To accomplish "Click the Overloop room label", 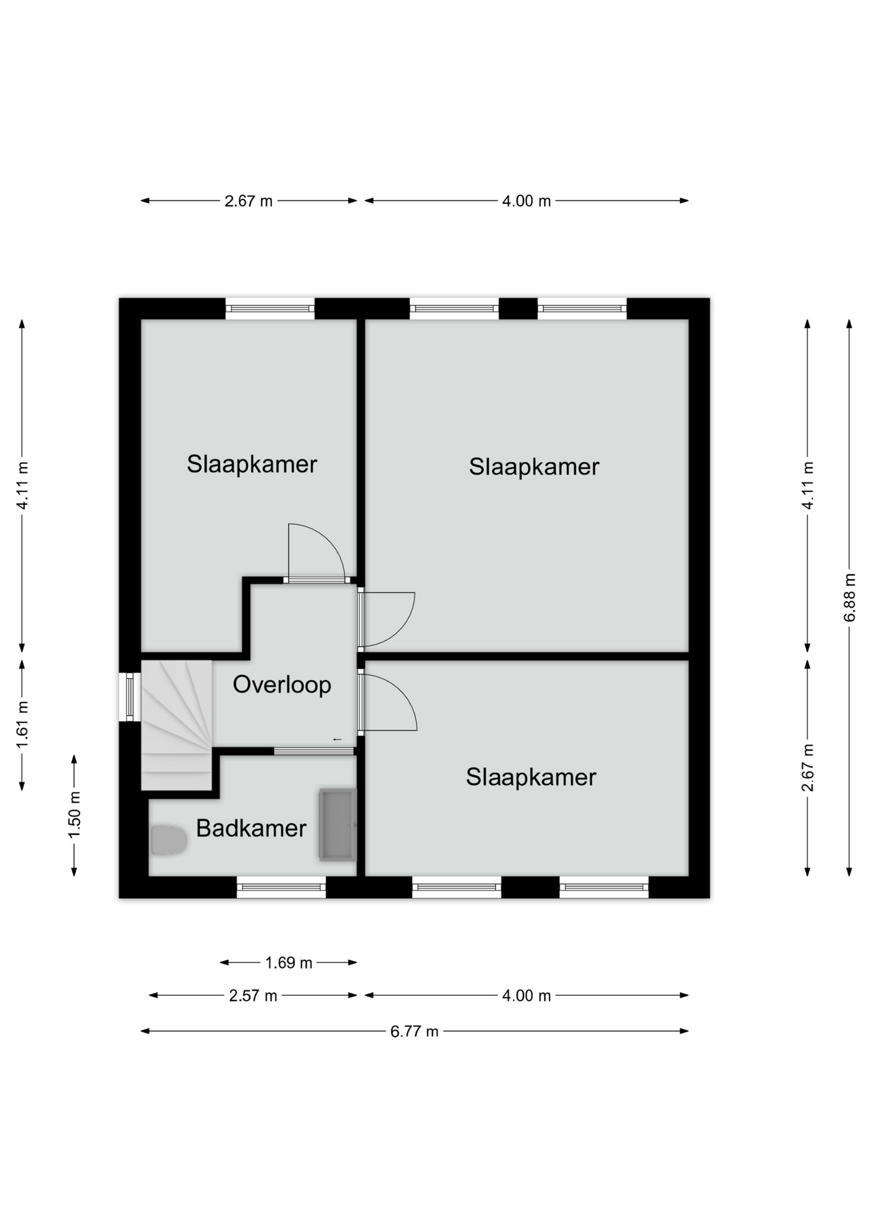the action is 282,685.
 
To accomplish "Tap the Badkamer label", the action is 251,828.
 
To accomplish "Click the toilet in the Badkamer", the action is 169,841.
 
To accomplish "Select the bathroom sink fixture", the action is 337,825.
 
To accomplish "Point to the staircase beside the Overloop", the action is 176,725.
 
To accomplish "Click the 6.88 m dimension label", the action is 849,597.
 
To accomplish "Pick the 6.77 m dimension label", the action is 414,1031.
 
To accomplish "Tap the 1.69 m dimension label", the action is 289,963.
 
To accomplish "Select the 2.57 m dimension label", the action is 253,996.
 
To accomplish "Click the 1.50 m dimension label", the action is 74,815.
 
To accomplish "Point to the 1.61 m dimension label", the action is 22,725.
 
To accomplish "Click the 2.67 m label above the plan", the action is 248,201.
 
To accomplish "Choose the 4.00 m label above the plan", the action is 527,201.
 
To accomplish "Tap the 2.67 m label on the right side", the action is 808,767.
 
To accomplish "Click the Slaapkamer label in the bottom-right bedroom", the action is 531,777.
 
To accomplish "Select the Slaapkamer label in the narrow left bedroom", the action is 252,464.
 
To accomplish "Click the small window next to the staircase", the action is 130,697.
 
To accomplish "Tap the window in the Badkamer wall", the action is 282,887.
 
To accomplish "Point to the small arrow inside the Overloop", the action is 337,740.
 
